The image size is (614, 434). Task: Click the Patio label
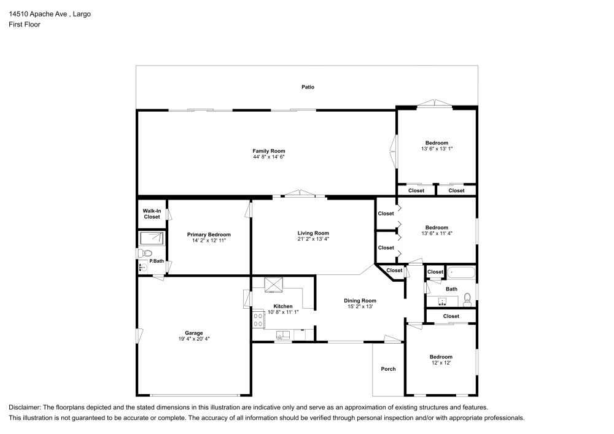(308, 87)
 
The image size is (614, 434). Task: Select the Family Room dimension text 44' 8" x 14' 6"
(269, 157)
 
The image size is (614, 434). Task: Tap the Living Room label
(313, 233)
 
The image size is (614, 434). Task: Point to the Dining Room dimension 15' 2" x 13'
(360, 306)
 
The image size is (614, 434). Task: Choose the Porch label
(388, 369)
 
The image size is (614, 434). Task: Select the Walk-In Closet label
(152, 214)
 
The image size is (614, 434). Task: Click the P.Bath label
(157, 262)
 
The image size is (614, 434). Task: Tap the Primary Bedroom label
(209, 234)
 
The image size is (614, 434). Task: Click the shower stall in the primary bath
(152, 238)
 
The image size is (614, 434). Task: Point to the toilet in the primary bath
(144, 253)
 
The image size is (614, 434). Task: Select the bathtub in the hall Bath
(460, 273)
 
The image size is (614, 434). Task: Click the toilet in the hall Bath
(467, 299)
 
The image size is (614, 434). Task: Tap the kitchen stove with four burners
(258, 319)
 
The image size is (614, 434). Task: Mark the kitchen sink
(283, 335)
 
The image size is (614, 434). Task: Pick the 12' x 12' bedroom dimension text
(441, 363)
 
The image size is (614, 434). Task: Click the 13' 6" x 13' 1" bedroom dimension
(437, 149)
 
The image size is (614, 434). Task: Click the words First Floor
(25, 25)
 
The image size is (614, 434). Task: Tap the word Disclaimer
(25, 408)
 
